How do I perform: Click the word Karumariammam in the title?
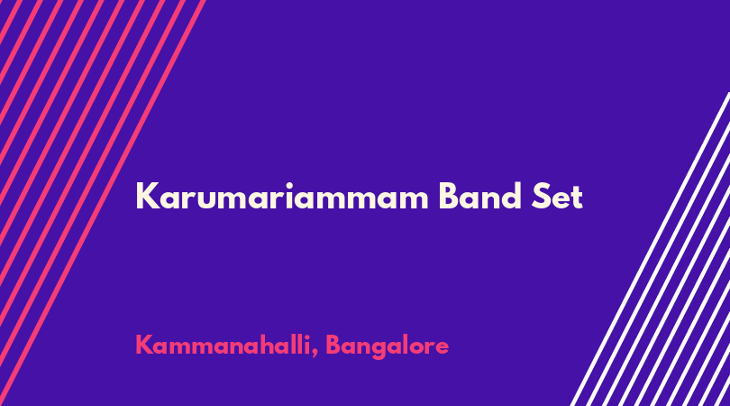[282, 197]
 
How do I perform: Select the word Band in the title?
[480, 196]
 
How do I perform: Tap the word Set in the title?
[557, 197]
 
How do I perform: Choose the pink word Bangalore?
[387, 346]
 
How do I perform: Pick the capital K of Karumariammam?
[147, 197]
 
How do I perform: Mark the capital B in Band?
[450, 197]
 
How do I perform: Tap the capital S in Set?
[542, 197]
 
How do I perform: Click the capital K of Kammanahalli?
[144, 345]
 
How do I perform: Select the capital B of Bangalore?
[333, 345]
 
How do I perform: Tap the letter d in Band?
[511, 196]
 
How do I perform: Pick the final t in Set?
[578, 198]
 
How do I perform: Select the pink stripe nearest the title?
[103, 203]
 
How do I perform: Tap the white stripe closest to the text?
[650, 249]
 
